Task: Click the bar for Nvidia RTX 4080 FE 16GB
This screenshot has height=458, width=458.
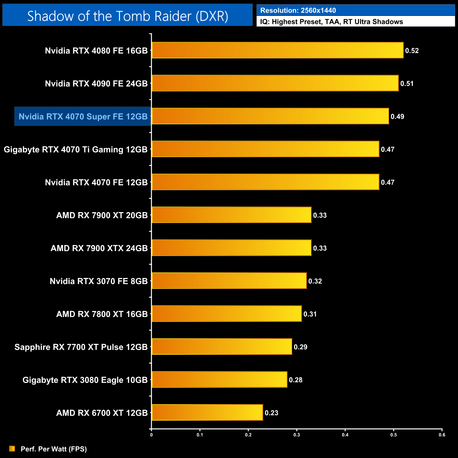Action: [x=277, y=50]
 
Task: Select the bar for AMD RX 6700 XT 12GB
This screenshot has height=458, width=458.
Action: [x=207, y=413]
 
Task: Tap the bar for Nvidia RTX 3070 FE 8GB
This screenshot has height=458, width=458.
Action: [x=229, y=281]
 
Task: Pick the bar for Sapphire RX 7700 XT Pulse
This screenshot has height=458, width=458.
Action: [x=222, y=347]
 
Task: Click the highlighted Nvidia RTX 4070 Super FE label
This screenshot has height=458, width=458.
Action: [x=83, y=117]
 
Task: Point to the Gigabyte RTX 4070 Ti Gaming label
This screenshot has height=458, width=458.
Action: [x=75, y=149]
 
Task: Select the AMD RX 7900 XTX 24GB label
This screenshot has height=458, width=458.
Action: [x=99, y=248]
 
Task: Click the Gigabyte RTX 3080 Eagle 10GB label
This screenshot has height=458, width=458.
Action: [x=85, y=380]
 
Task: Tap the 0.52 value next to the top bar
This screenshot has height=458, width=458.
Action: [x=412, y=51]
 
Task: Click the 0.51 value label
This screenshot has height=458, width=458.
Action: [x=407, y=84]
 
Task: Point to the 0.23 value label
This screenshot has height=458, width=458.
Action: [x=271, y=413]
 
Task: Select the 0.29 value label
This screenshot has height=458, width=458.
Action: [x=301, y=347]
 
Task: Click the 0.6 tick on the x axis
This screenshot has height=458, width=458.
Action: [x=442, y=435]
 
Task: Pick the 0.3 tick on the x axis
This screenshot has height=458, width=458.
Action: [x=297, y=435]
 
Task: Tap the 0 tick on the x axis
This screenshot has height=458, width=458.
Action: [x=151, y=435]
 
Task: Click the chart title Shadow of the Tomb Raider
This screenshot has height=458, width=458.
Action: [x=128, y=16]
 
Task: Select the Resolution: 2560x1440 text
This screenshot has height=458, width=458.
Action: [x=298, y=11]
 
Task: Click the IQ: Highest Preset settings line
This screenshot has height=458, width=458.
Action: [x=332, y=22]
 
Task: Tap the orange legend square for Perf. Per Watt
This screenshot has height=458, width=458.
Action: [x=12, y=448]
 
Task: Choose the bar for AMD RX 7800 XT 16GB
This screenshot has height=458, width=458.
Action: [x=227, y=314]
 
